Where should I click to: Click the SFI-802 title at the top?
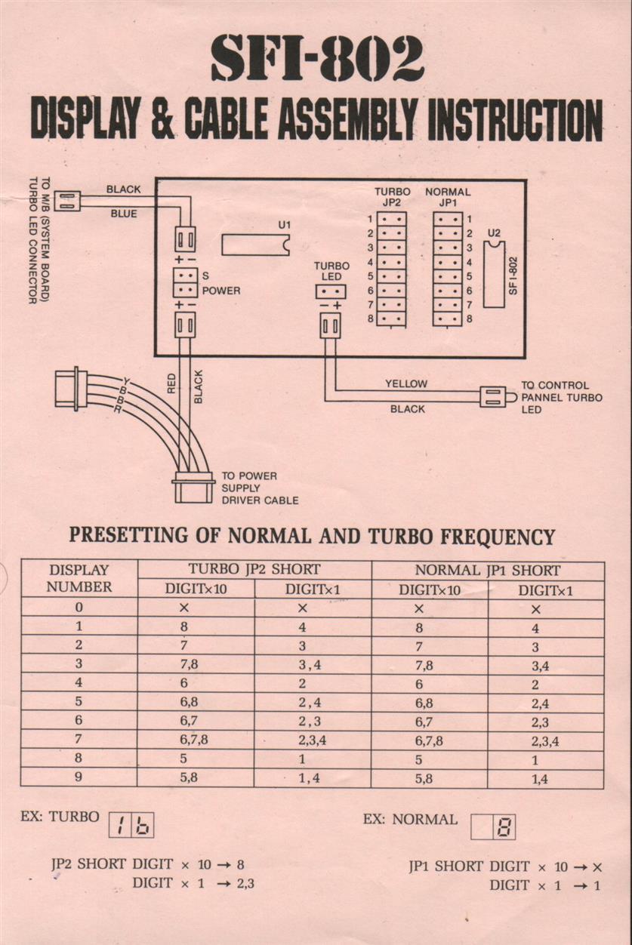tap(316, 59)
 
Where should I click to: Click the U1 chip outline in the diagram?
tap(255, 245)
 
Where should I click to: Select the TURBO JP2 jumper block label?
tap(391, 198)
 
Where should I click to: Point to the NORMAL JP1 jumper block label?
tap(447, 198)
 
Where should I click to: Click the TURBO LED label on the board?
tap(331, 272)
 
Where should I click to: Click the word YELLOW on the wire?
tap(405, 384)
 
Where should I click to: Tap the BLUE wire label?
tap(124, 214)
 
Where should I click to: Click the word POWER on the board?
tap(221, 291)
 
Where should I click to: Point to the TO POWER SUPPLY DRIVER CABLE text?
tap(259, 488)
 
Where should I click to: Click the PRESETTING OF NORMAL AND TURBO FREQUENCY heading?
tap(312, 537)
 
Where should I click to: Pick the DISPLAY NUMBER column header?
tap(79, 578)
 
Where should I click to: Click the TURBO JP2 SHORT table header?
tap(254, 570)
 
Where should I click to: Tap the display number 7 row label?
tap(79, 740)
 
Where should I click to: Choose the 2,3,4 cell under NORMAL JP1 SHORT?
tap(545, 740)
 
